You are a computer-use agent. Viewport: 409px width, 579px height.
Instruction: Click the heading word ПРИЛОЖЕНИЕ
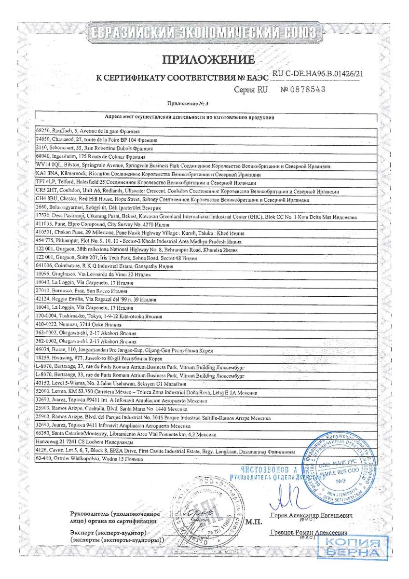[208, 60]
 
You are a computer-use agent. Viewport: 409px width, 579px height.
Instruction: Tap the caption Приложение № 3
[188, 103]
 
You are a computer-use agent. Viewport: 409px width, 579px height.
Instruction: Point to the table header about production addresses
[189, 117]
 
